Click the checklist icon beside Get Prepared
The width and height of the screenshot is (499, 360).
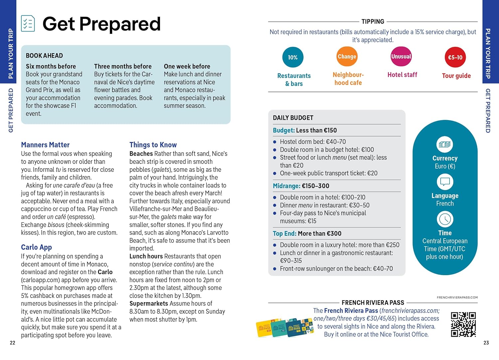click(28, 23)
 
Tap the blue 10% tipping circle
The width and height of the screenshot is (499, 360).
click(293, 57)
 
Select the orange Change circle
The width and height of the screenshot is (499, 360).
click(347, 56)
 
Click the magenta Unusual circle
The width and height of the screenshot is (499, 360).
click(401, 56)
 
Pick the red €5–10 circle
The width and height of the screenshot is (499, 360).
click(455, 57)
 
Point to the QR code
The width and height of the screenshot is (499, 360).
click(463, 324)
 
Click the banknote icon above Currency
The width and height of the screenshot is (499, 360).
click(445, 144)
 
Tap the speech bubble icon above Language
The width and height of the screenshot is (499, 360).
click(445, 182)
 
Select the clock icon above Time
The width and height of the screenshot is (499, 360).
click(445, 219)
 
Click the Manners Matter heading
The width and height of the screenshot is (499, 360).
click(45, 145)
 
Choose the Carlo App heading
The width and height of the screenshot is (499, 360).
click(37, 247)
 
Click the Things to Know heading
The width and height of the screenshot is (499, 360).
click(153, 145)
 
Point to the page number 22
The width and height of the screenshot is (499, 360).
click(13, 343)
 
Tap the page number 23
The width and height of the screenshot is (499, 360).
click(486, 343)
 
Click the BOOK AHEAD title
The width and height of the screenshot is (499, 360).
click(44, 56)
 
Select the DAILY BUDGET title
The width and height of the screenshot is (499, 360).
click(293, 118)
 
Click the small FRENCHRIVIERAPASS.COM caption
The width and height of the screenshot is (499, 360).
click(457, 297)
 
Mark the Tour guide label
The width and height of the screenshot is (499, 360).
click(456, 76)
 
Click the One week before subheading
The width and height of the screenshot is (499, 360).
click(187, 66)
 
